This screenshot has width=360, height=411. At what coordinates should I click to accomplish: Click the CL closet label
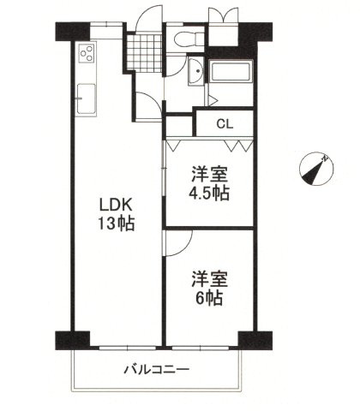tap(225, 123)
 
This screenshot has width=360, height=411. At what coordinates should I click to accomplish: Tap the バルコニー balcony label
tap(156, 370)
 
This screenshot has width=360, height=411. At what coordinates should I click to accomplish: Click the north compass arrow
tap(317, 169)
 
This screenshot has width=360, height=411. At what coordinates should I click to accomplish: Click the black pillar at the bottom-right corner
tap(248, 338)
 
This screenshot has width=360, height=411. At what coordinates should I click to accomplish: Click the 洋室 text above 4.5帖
tap(209, 172)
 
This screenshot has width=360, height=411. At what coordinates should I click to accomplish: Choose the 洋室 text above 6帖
tap(209, 278)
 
